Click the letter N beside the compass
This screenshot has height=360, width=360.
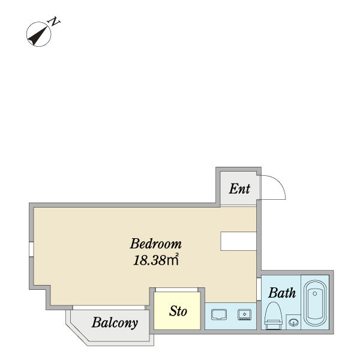54,22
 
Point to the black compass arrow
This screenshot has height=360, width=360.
38,36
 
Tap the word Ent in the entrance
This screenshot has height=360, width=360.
239,189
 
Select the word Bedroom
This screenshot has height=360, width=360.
156,244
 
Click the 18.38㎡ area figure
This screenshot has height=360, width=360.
156,260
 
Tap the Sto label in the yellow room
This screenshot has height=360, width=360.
178,311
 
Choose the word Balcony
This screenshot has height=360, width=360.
115,323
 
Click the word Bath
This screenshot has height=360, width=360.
282,293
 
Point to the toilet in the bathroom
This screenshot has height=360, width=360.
273,316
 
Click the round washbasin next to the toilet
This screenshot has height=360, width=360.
293,322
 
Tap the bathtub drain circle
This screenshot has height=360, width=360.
315,293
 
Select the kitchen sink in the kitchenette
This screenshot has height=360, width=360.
219,314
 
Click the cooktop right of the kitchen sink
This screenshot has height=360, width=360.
245,314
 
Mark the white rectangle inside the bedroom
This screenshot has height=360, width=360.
238,241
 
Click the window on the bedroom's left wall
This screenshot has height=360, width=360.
31,249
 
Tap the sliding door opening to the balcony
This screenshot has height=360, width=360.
109,308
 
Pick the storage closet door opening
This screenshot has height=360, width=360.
177,290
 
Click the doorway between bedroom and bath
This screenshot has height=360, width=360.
259,289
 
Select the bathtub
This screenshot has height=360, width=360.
315,303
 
